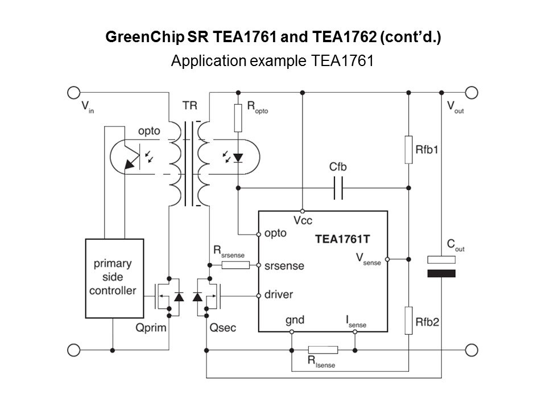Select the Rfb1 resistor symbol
408,150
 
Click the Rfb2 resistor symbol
408,319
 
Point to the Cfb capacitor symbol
338,187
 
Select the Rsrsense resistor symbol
235,265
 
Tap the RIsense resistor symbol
322,350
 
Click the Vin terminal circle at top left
74,92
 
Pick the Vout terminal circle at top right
471,92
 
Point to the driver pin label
280,296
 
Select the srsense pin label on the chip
284,266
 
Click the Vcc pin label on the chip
303,219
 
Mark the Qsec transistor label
223,327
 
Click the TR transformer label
191,106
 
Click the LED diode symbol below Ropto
238,156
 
